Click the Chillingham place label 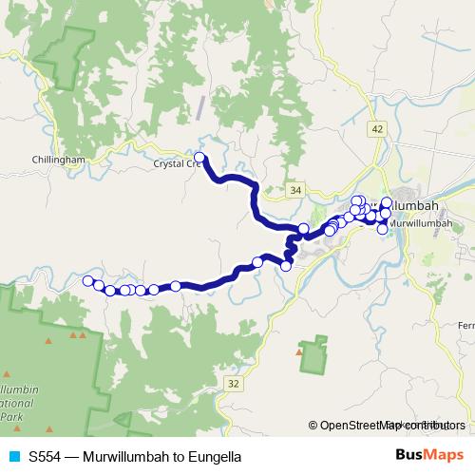[x=59, y=161]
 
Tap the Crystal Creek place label [x=176, y=163]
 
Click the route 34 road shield [x=295, y=191]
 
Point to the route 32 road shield [x=234, y=383]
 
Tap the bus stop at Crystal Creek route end [x=199, y=157]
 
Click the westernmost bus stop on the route [x=88, y=280]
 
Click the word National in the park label [x=21, y=404]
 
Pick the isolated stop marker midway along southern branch [x=176, y=285]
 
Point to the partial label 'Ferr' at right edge [x=465, y=326]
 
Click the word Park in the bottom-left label [x=11, y=418]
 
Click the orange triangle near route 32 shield [x=300, y=352]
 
